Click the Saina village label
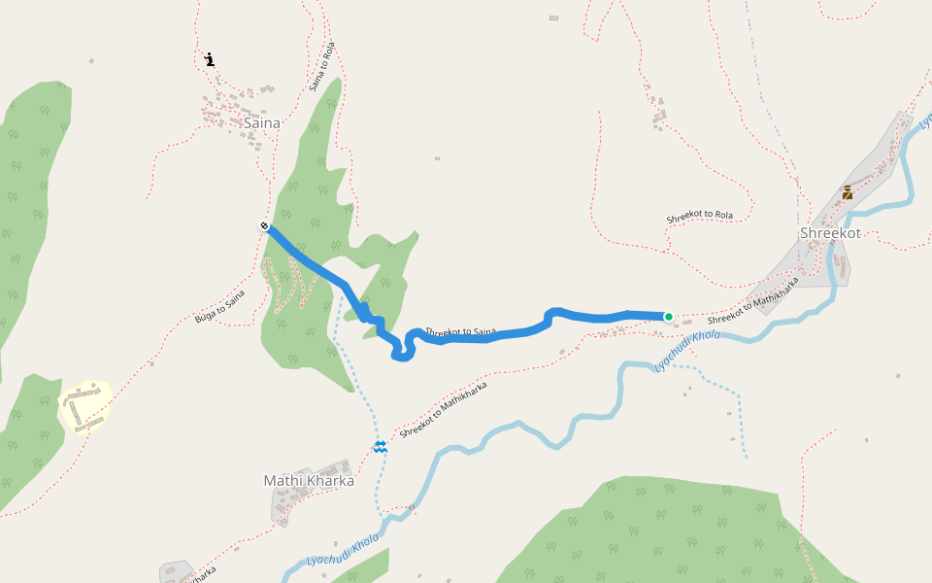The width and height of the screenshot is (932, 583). [261, 123]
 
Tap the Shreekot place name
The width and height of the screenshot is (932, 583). [830, 234]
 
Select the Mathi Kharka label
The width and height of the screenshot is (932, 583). [309, 481]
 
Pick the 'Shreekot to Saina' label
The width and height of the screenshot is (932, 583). [460, 331]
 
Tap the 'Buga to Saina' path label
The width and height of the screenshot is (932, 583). [219, 305]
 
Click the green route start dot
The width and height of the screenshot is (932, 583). [668, 317]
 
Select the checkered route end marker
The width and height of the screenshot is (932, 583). [265, 226]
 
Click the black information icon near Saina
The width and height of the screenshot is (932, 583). [210, 59]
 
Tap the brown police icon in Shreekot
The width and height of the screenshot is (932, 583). [847, 192]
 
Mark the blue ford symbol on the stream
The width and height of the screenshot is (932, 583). [381, 446]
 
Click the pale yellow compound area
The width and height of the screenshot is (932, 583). [85, 406]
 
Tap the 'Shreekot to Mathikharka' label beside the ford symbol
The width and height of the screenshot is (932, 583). [443, 409]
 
